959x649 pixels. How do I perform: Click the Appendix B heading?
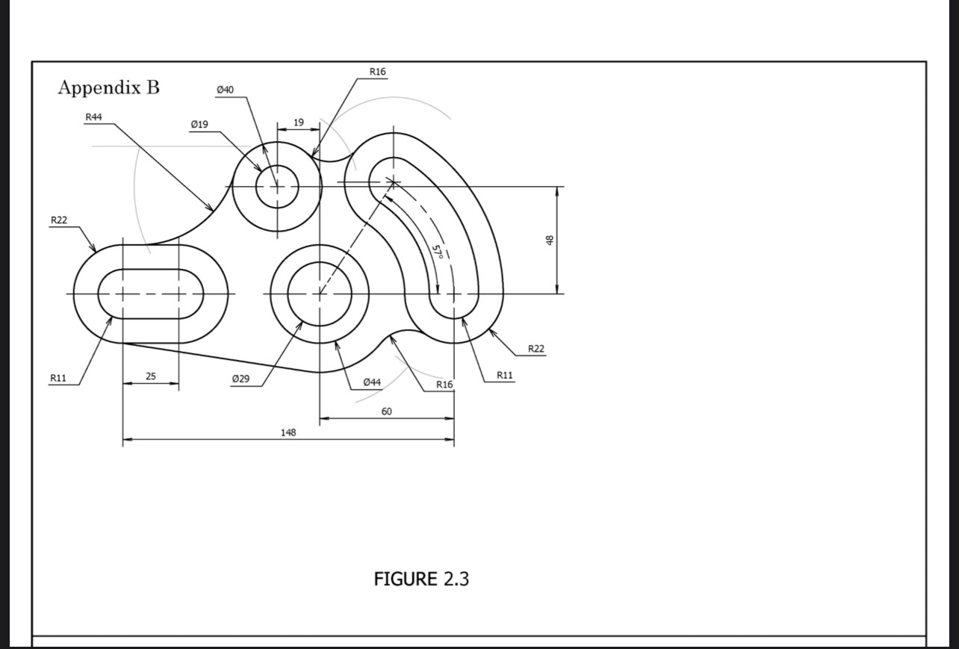click(109, 87)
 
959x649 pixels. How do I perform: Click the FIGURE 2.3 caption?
click(421, 579)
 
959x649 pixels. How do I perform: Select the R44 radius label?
click(93, 117)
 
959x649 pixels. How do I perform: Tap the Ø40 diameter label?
click(224, 90)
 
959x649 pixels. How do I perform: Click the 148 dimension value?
click(288, 432)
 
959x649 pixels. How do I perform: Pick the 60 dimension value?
click(386, 412)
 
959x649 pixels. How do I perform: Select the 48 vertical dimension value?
click(550, 240)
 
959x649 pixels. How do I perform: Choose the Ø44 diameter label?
click(372, 382)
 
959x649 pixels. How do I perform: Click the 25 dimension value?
click(151, 376)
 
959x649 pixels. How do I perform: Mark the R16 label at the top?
click(378, 72)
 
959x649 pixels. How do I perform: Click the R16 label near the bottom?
click(444, 384)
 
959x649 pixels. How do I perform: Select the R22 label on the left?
click(59, 220)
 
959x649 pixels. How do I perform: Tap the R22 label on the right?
click(536, 349)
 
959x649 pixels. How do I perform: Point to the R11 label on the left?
click(58, 378)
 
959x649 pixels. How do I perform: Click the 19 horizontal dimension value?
click(298, 122)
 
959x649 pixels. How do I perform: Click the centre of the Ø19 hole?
click(277, 187)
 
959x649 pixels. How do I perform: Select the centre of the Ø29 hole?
click(320, 294)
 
